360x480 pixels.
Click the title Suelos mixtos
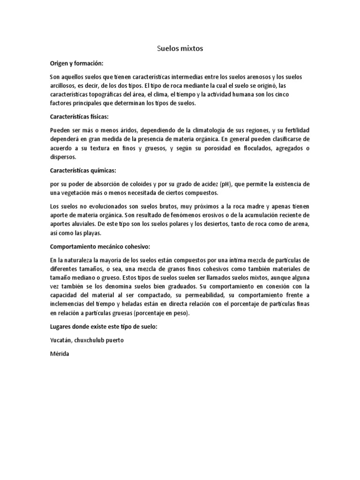[180, 48]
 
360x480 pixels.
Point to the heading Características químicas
[81, 170]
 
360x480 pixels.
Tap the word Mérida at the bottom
[59, 354]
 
